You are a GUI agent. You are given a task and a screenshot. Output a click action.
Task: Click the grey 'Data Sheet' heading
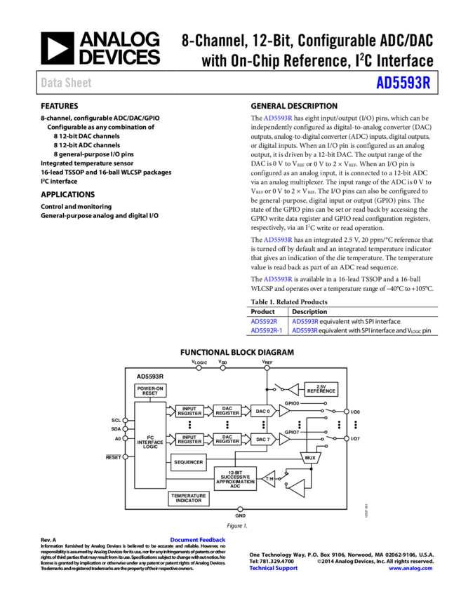point(66,83)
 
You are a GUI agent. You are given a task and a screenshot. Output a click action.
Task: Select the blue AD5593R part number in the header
point(403,83)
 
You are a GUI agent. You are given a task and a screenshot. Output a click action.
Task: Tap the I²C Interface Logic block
point(150,445)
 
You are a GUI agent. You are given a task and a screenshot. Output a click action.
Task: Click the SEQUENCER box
point(188,462)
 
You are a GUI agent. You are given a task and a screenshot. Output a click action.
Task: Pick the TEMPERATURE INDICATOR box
point(189,498)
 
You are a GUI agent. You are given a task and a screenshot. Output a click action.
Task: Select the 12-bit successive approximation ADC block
point(235,478)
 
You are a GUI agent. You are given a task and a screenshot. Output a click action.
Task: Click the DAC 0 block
point(262,411)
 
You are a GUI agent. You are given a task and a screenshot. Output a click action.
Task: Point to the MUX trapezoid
point(310,458)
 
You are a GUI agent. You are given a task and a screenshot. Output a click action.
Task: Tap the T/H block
point(269,479)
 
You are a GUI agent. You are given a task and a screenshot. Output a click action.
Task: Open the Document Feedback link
point(197,540)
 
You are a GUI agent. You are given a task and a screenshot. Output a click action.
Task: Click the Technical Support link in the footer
point(274,569)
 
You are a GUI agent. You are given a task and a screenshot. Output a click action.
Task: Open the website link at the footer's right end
point(410,569)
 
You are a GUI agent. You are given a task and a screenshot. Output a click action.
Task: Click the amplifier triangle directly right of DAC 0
point(284,411)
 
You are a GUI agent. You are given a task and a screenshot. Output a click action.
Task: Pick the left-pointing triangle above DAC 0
point(293,390)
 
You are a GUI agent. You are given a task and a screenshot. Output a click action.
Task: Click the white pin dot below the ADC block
point(240,509)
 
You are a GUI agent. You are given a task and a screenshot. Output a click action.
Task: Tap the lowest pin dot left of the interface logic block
point(126,457)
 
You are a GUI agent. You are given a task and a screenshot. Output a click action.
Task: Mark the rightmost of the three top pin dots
point(267,367)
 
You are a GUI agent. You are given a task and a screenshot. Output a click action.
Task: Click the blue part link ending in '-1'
point(266,330)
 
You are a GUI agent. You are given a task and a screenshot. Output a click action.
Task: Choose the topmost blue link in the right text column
point(278,118)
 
